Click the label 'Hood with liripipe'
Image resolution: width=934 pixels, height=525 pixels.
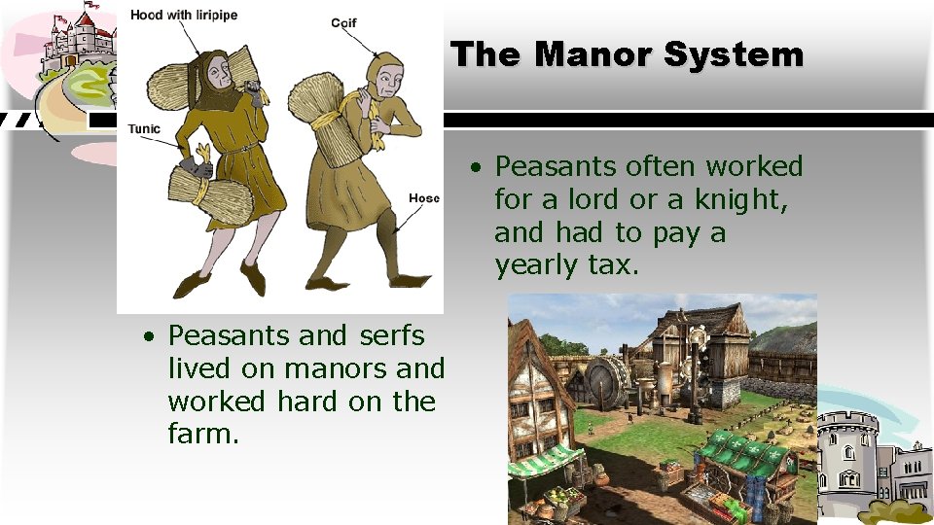(x=184, y=16)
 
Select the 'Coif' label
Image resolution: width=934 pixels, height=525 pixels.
(x=343, y=22)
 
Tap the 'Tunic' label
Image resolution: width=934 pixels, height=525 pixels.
(x=143, y=129)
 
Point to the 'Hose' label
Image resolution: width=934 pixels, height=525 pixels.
(x=423, y=198)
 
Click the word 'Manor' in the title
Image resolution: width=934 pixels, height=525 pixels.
(x=593, y=54)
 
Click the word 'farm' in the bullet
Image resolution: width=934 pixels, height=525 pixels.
(x=199, y=434)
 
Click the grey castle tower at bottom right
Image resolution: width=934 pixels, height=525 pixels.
(x=846, y=457)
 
